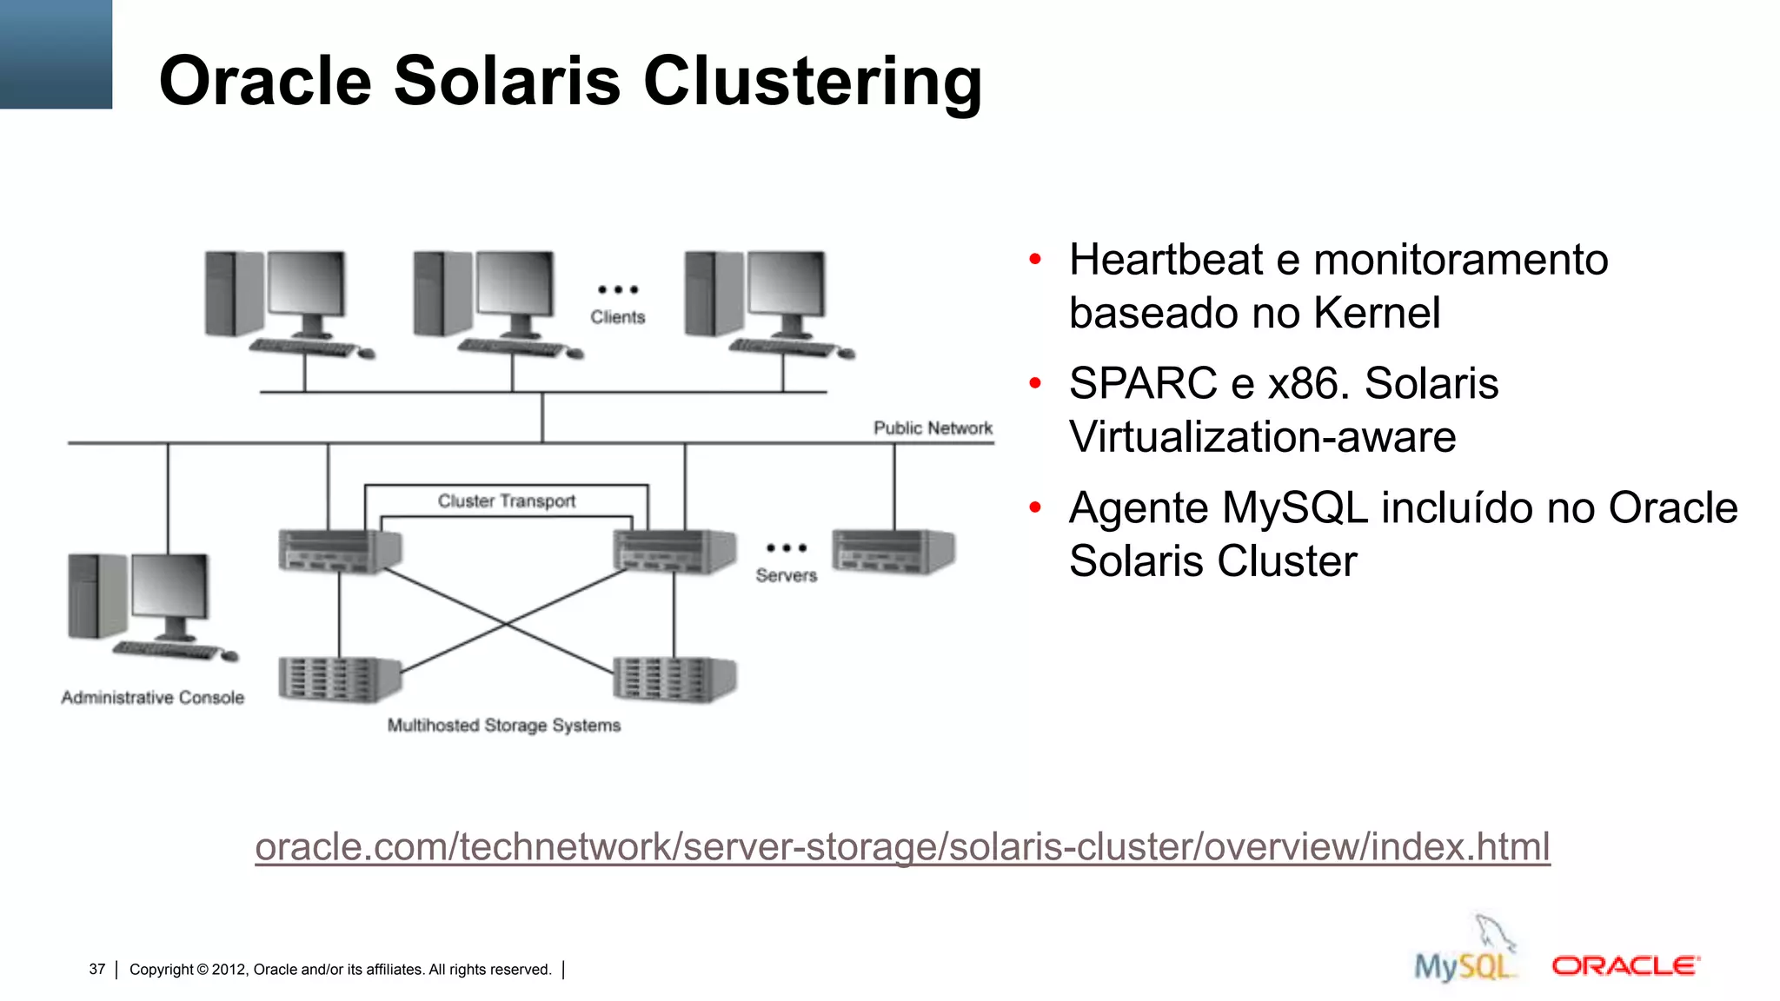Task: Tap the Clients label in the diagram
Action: coord(617,317)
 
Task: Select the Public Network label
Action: coord(932,428)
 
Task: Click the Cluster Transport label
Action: coord(506,500)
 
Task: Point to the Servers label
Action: coord(786,575)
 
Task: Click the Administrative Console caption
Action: coord(152,697)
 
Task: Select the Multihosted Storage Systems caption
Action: coord(503,725)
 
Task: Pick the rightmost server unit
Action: coord(893,551)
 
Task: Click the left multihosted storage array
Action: coord(338,679)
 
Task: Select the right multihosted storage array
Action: coord(674,679)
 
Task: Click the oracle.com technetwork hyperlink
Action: coord(901,846)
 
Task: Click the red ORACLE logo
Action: coord(1624,965)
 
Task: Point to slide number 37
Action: coord(96,969)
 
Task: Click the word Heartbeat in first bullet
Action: coord(1166,260)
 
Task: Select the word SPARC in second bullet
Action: coord(1142,383)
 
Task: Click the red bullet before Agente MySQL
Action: coord(1034,507)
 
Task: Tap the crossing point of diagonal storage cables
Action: coord(506,623)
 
